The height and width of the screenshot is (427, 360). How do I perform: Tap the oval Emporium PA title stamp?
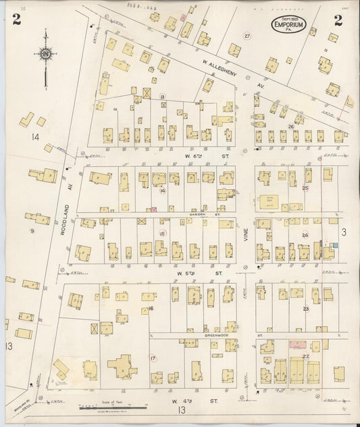[x=290, y=26]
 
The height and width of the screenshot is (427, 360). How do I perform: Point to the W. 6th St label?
[x=198, y=157]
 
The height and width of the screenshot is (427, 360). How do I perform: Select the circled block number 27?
[x=247, y=36]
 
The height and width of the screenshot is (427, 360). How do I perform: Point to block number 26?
[x=290, y=126]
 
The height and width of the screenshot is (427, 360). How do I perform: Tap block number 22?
[x=306, y=355]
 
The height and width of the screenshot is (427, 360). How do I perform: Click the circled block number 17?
[x=153, y=358]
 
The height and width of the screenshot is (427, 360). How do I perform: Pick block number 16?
[x=151, y=308]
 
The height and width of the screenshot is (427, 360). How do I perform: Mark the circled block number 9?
[x=32, y=231]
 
